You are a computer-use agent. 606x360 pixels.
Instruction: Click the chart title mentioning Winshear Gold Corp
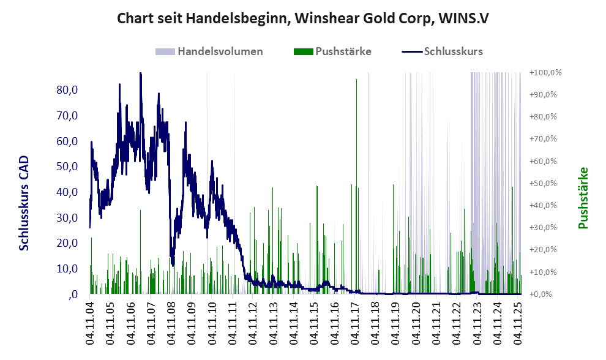tap(302, 18)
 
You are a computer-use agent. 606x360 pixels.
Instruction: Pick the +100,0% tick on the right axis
tap(545, 73)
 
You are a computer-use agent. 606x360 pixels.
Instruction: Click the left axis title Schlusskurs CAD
tap(24, 203)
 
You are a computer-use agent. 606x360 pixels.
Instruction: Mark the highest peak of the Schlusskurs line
tap(140, 73)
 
